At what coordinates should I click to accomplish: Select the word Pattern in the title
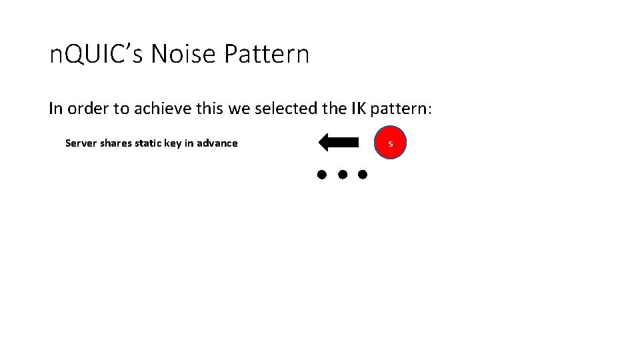(x=267, y=55)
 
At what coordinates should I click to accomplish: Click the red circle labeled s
(x=390, y=143)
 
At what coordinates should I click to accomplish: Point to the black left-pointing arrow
(x=339, y=143)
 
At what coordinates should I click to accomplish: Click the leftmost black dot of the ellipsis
(x=321, y=175)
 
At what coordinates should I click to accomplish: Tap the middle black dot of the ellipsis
(x=342, y=175)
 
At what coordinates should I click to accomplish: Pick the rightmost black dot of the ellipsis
(x=363, y=175)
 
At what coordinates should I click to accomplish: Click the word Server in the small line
(x=81, y=143)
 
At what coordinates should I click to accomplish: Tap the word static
(x=151, y=143)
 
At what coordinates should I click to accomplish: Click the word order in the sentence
(x=83, y=109)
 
